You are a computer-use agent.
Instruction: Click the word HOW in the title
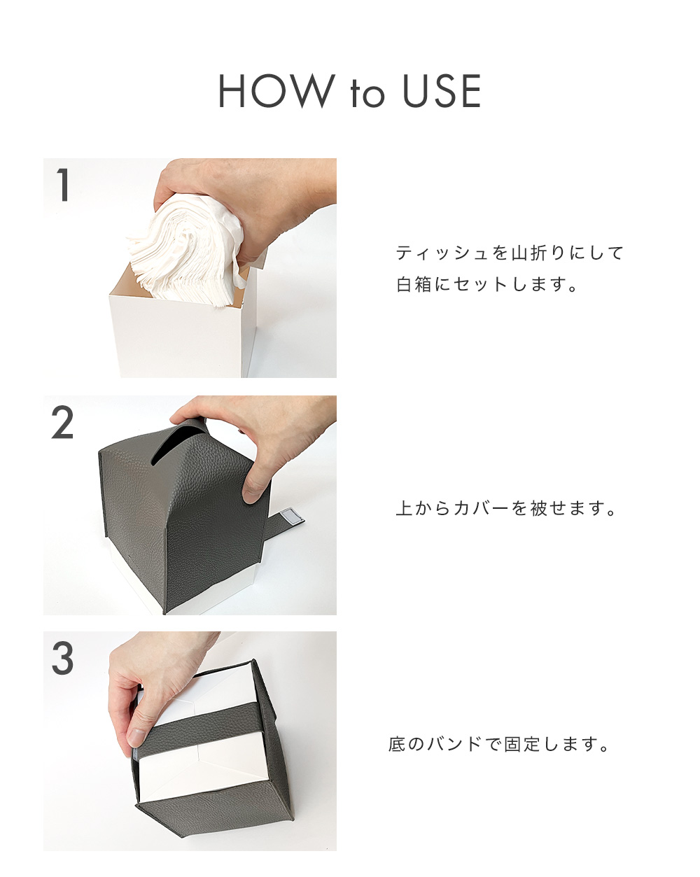point(276,92)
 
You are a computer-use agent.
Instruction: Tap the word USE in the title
point(442,92)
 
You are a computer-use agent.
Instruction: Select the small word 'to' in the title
point(367,94)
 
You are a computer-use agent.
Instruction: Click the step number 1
point(63,185)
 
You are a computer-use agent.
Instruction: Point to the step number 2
point(63,423)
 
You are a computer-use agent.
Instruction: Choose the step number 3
point(63,659)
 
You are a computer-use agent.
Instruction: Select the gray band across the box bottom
point(203,731)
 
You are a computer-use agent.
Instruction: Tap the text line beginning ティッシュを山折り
point(509,253)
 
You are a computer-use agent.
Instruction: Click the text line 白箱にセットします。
point(488,285)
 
